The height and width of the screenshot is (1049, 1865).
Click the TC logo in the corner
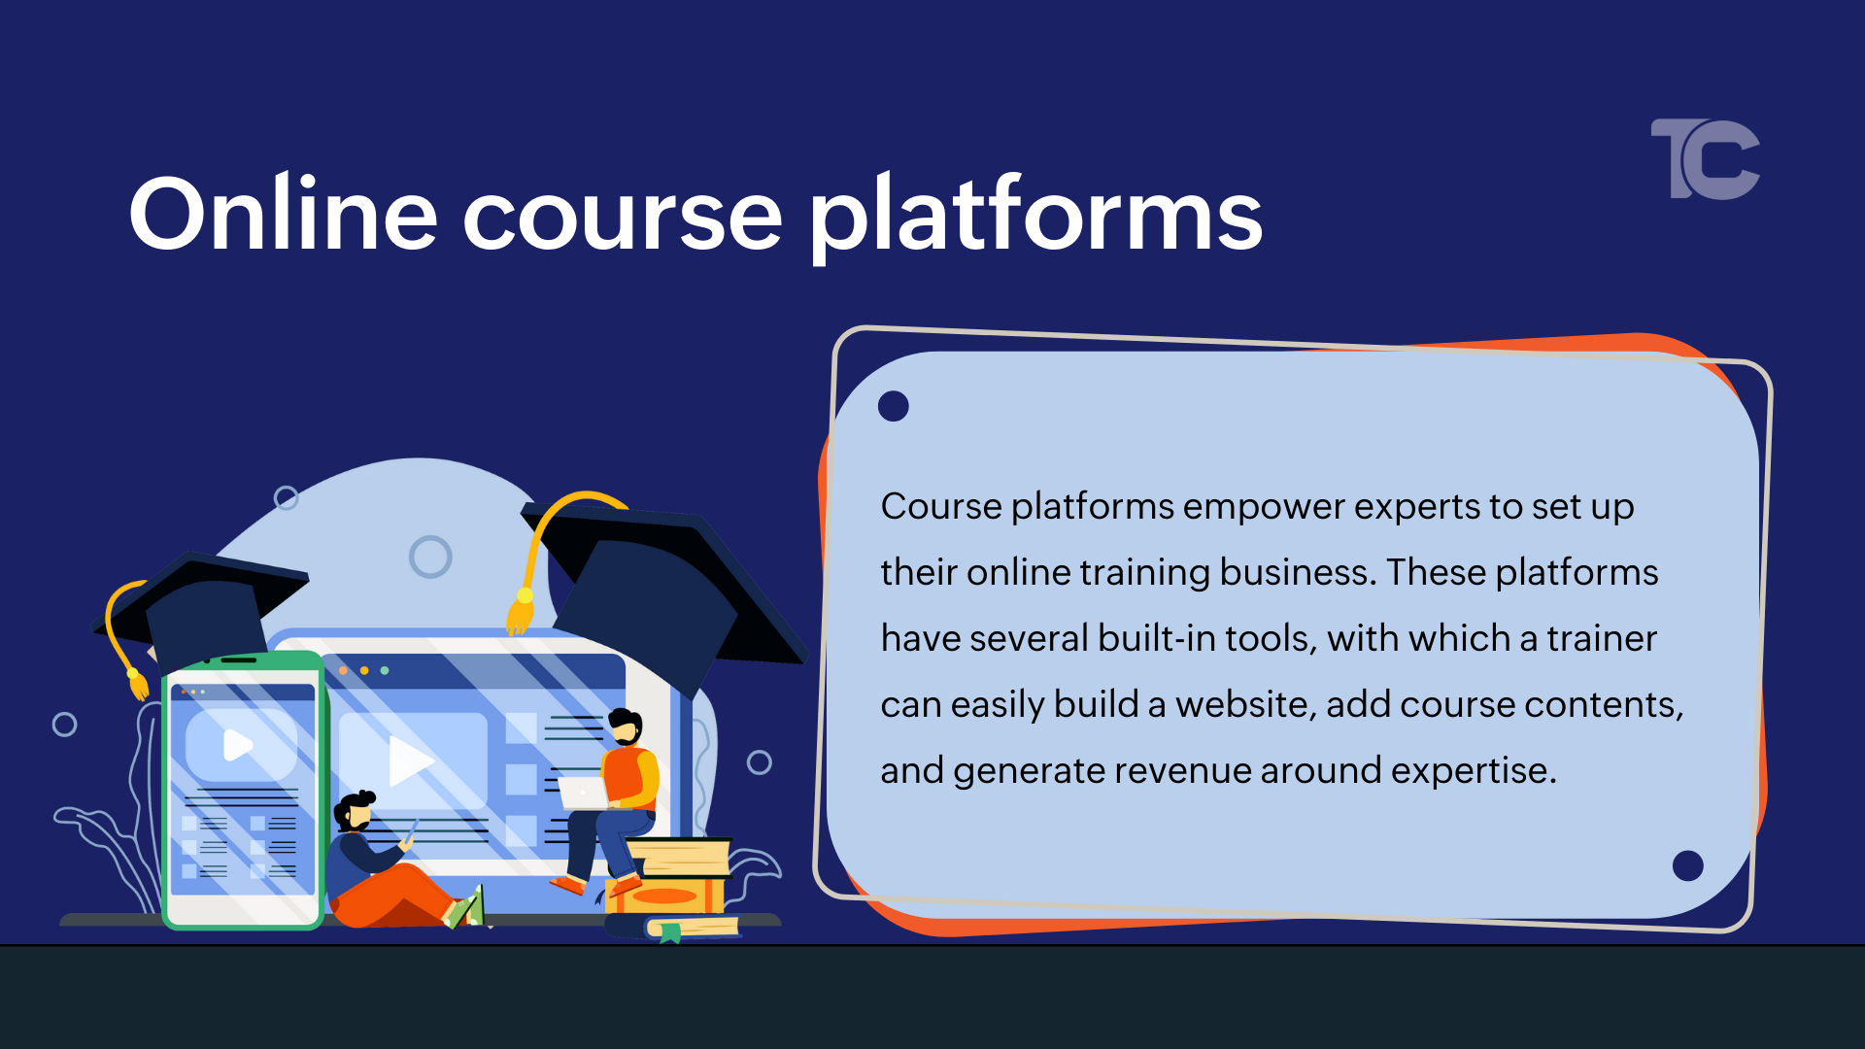click(1707, 159)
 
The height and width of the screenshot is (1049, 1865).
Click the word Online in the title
click(283, 215)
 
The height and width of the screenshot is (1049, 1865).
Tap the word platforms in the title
click(1035, 215)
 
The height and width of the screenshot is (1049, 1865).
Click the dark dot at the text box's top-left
click(893, 406)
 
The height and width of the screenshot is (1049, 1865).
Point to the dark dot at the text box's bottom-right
click(1687, 864)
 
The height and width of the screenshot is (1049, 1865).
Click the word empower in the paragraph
click(1264, 507)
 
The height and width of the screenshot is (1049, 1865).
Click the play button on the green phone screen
click(237, 745)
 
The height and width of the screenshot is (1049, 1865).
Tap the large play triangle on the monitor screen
click(409, 761)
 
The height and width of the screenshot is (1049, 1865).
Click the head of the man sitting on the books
click(626, 726)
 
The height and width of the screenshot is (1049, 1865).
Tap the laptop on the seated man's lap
click(584, 793)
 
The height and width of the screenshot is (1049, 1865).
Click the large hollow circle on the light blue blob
click(430, 557)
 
